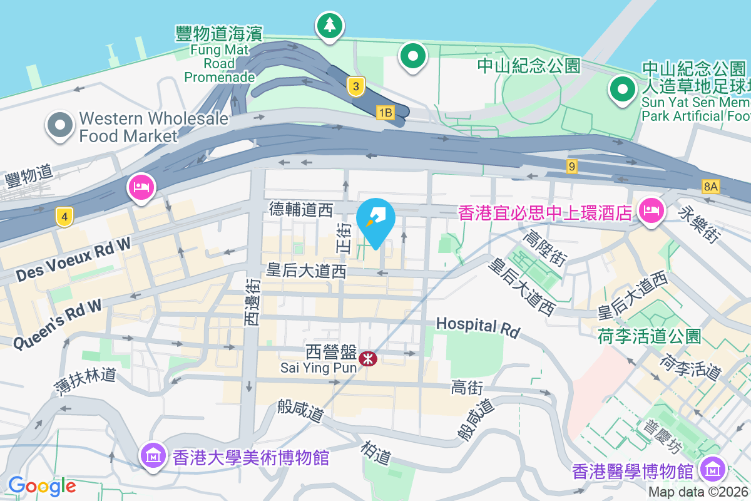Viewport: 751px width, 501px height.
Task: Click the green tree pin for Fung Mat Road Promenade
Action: click(330, 26)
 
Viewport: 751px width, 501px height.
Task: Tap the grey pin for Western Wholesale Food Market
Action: click(59, 125)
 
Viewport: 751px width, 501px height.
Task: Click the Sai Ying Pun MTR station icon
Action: click(368, 359)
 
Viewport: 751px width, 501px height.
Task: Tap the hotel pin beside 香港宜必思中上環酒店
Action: click(651, 211)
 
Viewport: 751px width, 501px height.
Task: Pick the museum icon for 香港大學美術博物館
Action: click(153, 455)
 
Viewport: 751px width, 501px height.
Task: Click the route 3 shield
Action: click(355, 87)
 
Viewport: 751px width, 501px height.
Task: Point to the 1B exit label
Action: click(385, 113)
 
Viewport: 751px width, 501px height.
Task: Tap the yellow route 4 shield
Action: click(64, 217)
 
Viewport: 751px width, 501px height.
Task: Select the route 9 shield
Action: click(571, 167)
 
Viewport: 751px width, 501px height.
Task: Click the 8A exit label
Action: click(710, 186)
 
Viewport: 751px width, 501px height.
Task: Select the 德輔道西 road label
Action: click(301, 209)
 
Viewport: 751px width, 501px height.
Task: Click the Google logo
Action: click(42, 486)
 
